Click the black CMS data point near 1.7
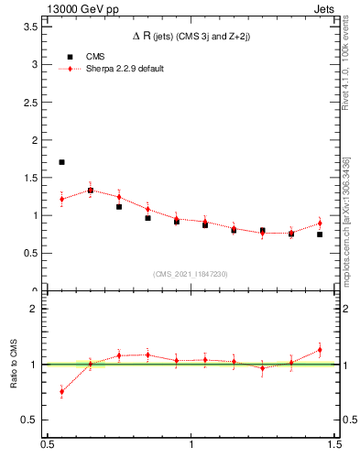click(61, 162)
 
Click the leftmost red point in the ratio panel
click(61, 391)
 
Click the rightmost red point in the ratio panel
click(320, 349)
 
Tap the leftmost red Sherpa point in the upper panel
click(61, 199)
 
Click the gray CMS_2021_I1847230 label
click(190, 274)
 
